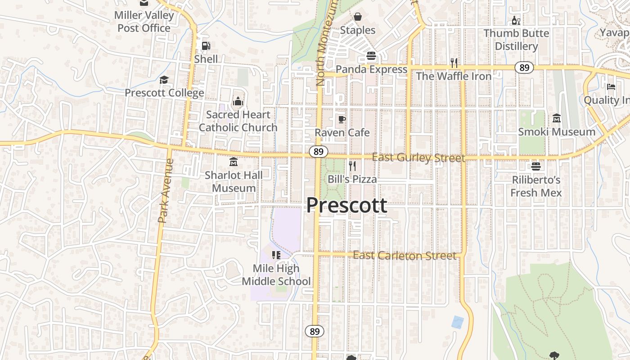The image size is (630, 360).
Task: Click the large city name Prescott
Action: tap(346, 205)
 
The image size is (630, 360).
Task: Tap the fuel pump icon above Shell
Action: tap(206, 46)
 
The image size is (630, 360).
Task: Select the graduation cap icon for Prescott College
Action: tap(164, 80)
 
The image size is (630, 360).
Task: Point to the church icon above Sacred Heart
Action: tap(238, 101)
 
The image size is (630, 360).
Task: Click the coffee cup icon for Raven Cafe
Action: tap(342, 119)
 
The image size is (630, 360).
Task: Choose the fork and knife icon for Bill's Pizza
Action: tap(352, 166)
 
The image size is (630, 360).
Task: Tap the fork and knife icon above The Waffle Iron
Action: tap(454, 63)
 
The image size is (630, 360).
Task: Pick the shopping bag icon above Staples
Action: tap(358, 17)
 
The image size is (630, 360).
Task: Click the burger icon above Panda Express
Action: tap(371, 56)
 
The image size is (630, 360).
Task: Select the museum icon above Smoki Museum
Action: tap(557, 118)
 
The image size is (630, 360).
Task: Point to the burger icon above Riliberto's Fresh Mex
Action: tap(536, 166)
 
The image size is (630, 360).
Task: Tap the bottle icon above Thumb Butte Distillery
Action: tap(516, 20)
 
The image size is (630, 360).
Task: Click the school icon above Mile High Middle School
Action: tap(276, 255)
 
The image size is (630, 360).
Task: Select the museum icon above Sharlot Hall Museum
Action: tap(234, 162)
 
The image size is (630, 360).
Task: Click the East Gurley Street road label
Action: tap(418, 157)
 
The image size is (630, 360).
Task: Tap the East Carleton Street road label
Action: tap(404, 256)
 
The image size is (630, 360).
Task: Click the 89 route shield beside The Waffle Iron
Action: tap(524, 68)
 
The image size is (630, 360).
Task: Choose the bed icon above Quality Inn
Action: tap(611, 87)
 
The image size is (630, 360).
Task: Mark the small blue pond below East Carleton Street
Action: tap(457, 322)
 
